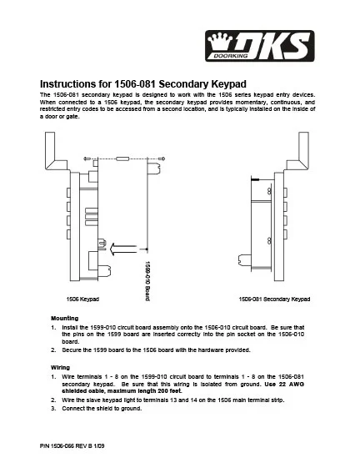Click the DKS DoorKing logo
tap(260, 46)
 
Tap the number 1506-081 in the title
tap(135, 84)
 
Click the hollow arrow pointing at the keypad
tap(123, 249)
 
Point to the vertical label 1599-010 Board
tap(147, 281)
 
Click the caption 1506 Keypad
tap(82, 299)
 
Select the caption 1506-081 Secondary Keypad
tap(274, 299)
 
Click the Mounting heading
tap(65, 318)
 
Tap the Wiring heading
tap(60, 367)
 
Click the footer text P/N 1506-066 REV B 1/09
tap(72, 446)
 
